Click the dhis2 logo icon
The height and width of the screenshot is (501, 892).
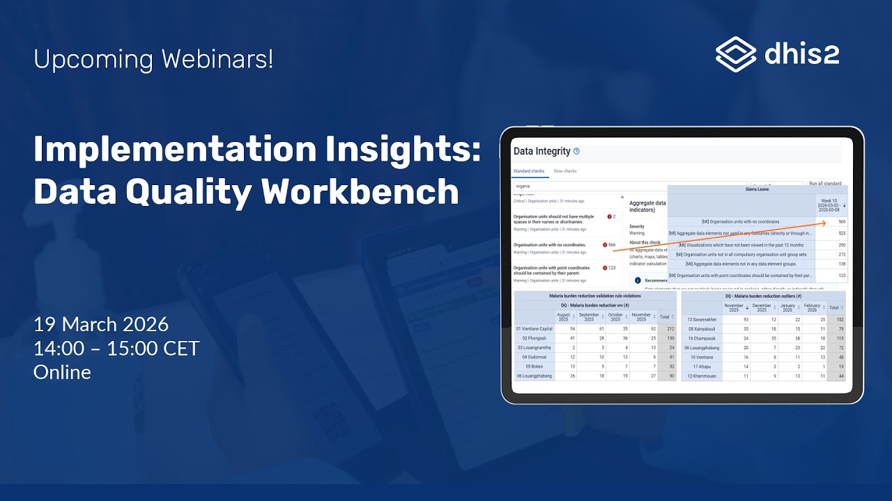click(736, 54)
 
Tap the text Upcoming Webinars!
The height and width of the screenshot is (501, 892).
click(153, 59)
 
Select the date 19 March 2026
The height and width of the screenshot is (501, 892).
click(101, 324)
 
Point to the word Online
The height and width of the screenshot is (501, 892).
click(62, 372)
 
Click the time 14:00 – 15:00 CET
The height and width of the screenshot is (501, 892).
click(116, 348)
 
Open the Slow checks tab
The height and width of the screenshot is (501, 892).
click(565, 171)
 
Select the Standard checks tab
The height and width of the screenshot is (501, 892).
click(529, 171)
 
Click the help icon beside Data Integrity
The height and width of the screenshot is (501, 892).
click(576, 151)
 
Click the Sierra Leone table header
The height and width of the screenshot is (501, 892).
click(758, 189)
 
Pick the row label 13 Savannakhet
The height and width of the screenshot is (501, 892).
click(702, 319)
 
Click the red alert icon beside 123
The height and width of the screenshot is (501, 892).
click(605, 267)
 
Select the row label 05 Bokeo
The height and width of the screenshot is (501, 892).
click(535, 366)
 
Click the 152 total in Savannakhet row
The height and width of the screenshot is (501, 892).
click(835, 319)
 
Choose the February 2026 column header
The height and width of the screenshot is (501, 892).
click(812, 307)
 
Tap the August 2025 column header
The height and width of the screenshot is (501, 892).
click(563, 316)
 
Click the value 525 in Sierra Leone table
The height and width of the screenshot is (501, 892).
click(841, 233)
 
